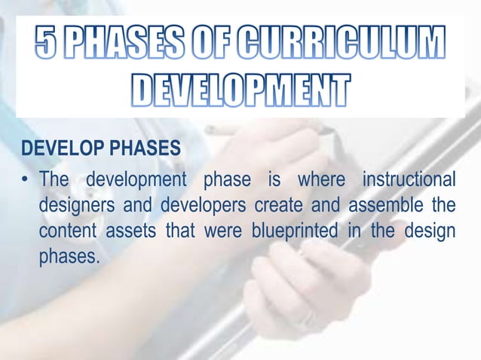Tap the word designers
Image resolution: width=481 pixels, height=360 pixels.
pyautogui.click(x=75, y=206)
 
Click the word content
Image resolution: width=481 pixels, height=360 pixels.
pyautogui.click(x=66, y=230)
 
